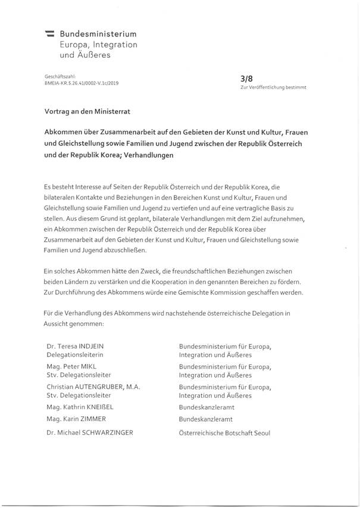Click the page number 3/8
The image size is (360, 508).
coord(246,77)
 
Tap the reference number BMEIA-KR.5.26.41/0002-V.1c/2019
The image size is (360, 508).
coord(82,84)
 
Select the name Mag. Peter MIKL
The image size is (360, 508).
coord(71,366)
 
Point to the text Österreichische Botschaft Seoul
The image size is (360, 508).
coord(224,433)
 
